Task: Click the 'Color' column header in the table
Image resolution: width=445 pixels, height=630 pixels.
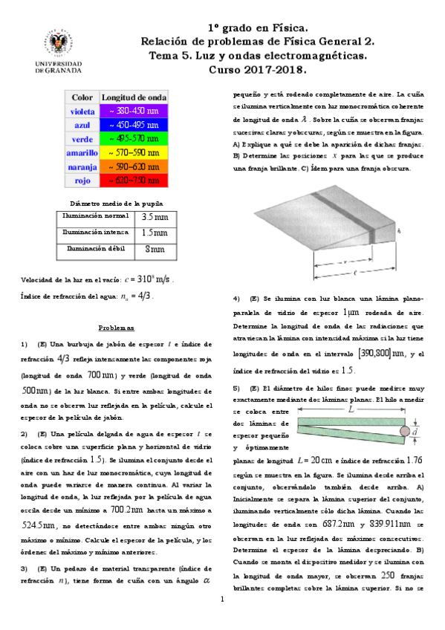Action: pyautogui.click(x=82, y=97)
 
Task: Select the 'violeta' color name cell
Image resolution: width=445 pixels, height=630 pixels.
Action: pyautogui.click(x=82, y=111)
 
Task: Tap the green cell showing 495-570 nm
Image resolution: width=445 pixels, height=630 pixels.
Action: pyautogui.click(x=134, y=138)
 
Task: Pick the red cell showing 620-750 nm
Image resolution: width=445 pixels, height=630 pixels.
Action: pyautogui.click(x=134, y=180)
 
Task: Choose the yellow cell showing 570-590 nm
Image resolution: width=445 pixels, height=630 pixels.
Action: pyautogui.click(x=134, y=152)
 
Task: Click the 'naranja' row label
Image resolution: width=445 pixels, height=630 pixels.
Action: pyautogui.click(x=82, y=166)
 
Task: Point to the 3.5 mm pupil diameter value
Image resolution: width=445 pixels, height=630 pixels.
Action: pyautogui.click(x=155, y=218)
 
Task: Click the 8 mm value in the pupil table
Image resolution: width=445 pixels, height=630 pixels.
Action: pyautogui.click(x=155, y=249)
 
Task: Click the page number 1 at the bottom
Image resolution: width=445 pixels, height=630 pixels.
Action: pyautogui.click(x=222, y=619)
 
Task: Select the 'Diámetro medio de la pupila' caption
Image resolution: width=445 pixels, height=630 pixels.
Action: pyautogui.click(x=117, y=203)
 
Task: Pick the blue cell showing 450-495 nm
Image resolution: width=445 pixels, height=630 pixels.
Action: pyautogui.click(x=134, y=125)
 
